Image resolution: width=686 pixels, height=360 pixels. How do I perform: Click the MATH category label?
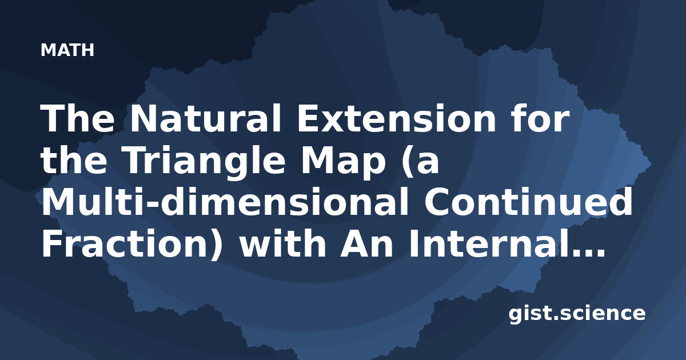(67, 50)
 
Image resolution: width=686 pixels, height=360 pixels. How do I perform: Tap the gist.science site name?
(577, 314)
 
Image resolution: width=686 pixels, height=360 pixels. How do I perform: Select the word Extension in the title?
(396, 119)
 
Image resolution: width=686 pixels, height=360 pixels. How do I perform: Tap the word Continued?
(528, 202)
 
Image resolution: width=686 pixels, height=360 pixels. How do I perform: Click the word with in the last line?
(282, 243)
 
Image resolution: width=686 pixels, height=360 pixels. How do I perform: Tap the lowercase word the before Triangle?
(74, 160)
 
